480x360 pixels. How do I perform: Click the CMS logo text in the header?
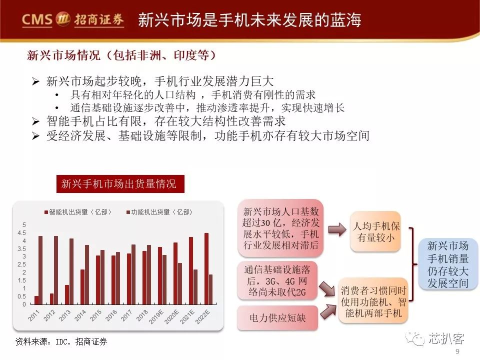point(37,20)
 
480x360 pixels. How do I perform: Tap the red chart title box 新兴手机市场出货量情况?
point(120,184)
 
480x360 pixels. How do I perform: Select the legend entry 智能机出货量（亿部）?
point(78,212)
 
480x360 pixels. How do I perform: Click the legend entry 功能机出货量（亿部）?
point(159,212)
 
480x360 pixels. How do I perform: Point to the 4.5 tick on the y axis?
point(21,233)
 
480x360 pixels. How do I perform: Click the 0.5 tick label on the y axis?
point(21,296)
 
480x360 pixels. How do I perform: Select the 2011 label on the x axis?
point(33,315)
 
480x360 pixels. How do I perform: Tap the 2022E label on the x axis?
point(202,316)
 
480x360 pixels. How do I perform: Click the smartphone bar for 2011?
point(36,300)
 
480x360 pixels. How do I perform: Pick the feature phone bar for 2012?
point(56,270)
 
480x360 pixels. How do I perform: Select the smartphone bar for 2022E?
point(206,269)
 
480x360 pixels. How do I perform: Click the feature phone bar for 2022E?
point(210,289)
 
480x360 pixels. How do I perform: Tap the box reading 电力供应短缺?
point(277,318)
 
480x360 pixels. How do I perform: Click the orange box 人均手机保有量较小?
point(375,231)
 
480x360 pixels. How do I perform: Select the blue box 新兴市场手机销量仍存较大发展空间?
point(447,264)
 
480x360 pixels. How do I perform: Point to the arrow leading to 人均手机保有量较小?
point(337,229)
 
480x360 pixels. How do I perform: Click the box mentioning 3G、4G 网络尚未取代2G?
point(277,280)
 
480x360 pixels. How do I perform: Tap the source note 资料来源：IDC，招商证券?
point(61,341)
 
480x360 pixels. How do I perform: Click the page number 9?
point(457,351)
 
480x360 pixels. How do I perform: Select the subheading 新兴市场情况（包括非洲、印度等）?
point(121,55)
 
